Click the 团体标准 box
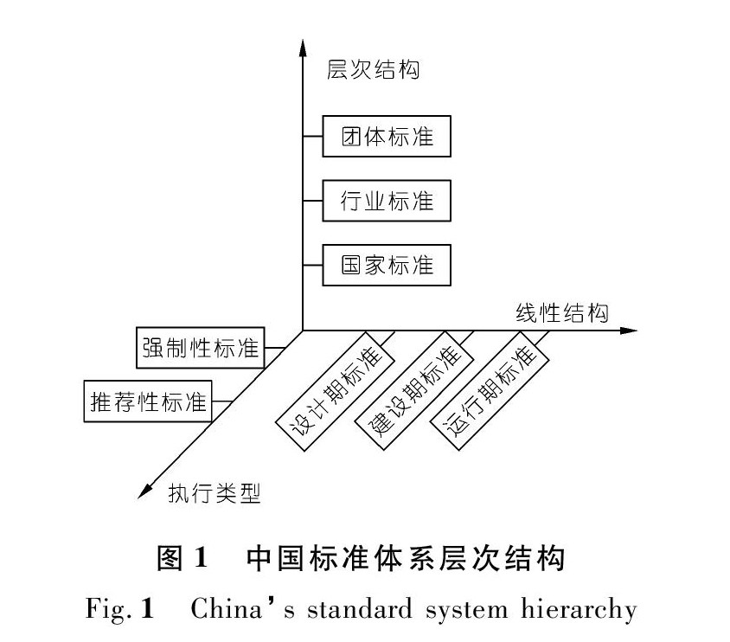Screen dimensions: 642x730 click(387, 136)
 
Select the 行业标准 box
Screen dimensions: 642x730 click(387, 201)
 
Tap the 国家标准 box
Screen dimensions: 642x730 click(387, 266)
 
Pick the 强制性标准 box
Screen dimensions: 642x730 click(200, 350)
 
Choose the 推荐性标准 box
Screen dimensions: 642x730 click(148, 401)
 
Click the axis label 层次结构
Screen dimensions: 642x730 click(373, 69)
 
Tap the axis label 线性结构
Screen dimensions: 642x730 click(561, 312)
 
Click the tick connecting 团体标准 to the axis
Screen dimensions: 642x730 click(313, 136)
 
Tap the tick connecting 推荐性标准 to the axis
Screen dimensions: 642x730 click(222, 401)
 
